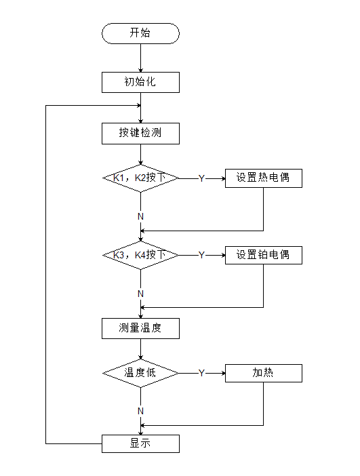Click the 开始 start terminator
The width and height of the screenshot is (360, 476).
coord(140,33)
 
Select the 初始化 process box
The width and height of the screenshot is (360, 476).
coord(140,82)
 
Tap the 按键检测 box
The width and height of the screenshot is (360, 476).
coord(140,134)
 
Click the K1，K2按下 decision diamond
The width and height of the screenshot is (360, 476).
coord(140,178)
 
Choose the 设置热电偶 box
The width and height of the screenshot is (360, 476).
coord(263,178)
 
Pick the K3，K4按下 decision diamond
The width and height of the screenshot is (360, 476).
coord(140,256)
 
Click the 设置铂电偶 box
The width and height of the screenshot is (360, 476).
coord(263,255)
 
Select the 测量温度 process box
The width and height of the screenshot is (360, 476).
coord(140,328)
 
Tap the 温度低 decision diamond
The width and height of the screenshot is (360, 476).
coord(140,373)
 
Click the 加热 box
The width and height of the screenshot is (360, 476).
coord(263,373)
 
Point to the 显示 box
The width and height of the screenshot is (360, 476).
coord(140,444)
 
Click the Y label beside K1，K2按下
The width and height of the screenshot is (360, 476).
coord(201,178)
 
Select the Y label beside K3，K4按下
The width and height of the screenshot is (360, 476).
coord(201,256)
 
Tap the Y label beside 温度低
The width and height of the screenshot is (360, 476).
coord(201,373)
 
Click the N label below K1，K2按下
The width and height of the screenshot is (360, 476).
coord(140,216)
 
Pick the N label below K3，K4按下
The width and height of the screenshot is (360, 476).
coord(140,294)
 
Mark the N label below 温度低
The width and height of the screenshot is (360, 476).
coord(140,411)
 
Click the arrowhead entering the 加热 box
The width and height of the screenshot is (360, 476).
coord(222,373)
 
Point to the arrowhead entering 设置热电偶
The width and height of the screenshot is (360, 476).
coord(222,178)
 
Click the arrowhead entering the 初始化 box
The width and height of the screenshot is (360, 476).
coord(140,70)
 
